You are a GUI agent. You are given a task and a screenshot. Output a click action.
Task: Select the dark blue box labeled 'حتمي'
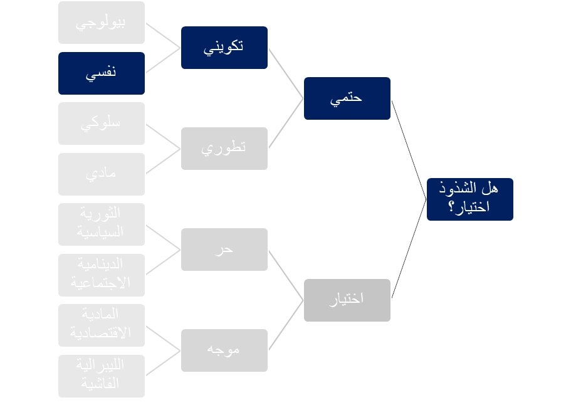pyautogui.click(x=347, y=98)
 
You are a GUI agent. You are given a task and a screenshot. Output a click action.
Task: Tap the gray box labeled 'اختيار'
pyautogui.click(x=347, y=300)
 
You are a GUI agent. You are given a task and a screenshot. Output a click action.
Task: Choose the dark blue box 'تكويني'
pyautogui.click(x=224, y=48)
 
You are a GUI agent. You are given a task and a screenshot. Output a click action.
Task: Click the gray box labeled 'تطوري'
pyautogui.click(x=224, y=149)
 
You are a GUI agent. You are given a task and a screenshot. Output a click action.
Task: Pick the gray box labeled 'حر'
pyautogui.click(x=224, y=250)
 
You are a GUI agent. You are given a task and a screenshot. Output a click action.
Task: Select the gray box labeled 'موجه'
pyautogui.click(x=224, y=350)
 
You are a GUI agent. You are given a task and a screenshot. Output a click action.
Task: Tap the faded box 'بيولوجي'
pyautogui.click(x=101, y=23)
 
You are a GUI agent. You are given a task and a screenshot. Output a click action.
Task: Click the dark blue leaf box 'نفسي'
pyautogui.click(x=101, y=73)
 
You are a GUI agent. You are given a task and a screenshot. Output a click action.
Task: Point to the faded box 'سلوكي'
pyautogui.click(x=101, y=124)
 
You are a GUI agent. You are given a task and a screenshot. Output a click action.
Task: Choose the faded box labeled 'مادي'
pyautogui.click(x=101, y=174)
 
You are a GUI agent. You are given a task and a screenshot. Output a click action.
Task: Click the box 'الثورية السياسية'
pyautogui.click(x=101, y=224)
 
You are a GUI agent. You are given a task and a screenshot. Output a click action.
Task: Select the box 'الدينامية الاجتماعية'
pyautogui.click(x=101, y=275)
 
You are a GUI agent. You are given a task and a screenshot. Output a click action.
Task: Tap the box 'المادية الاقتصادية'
pyautogui.click(x=101, y=325)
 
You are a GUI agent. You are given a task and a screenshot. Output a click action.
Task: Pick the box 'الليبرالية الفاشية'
pyautogui.click(x=101, y=376)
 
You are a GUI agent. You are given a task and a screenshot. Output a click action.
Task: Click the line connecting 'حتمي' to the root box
pyautogui.click(x=409, y=149)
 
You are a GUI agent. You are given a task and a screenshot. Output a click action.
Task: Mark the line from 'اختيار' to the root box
pyautogui.click(x=409, y=249)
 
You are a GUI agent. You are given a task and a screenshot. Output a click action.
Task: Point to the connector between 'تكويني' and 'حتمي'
pyautogui.click(x=286, y=73)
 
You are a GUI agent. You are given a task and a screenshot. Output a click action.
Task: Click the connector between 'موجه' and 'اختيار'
pyautogui.click(x=286, y=325)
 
